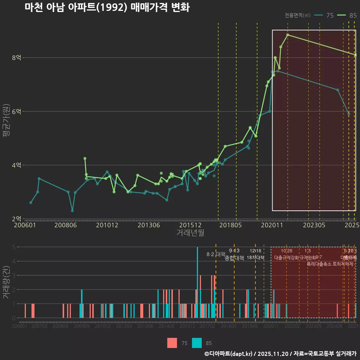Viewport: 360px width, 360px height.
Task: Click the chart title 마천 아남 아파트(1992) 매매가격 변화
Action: [x=107, y=8]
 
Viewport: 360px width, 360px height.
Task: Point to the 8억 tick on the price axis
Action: [x=16, y=58]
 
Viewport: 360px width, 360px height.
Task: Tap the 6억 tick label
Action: [x=16, y=112]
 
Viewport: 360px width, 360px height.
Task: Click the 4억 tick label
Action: [x=16, y=165]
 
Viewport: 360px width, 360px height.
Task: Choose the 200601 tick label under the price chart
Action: [x=24, y=225]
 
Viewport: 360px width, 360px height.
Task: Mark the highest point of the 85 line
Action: [x=288, y=35]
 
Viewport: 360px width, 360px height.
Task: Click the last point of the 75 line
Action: [x=349, y=114]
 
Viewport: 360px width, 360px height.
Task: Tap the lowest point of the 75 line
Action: [x=72, y=210]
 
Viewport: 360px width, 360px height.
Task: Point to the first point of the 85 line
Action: [x=85, y=158]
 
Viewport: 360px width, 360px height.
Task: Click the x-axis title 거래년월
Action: [x=190, y=233]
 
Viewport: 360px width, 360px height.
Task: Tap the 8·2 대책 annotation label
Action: [x=216, y=254]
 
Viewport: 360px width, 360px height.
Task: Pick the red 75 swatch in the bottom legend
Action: [x=172, y=343]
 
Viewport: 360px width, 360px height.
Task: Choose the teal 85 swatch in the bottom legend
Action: [x=197, y=343]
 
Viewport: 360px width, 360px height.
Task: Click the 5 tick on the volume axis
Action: [x=14, y=247]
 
